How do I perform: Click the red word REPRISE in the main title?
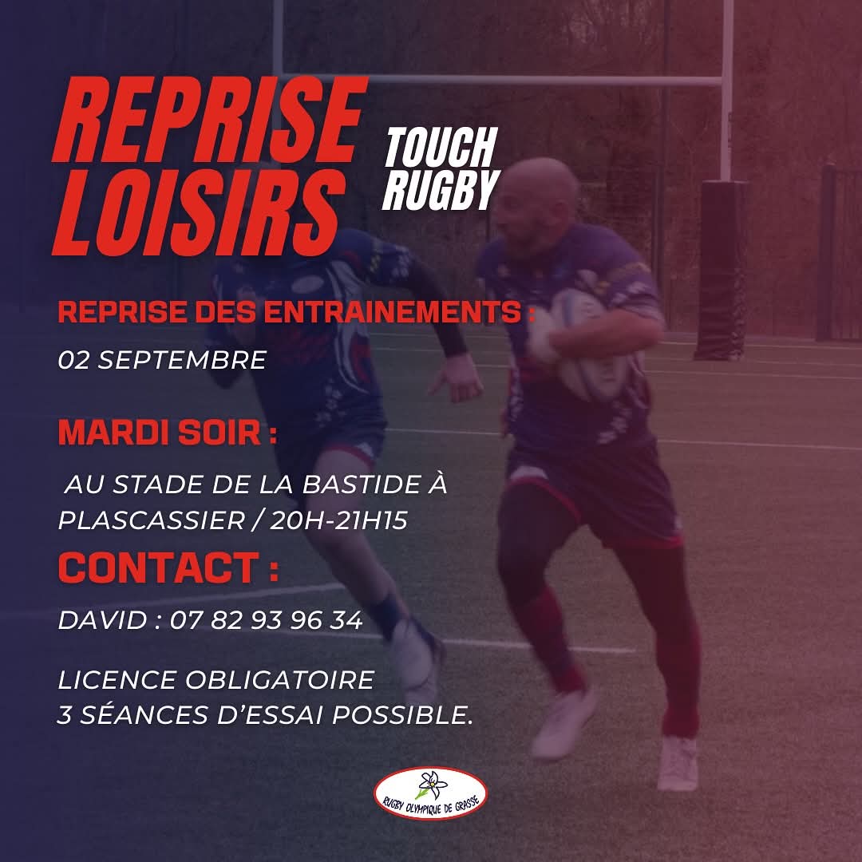coord(209,119)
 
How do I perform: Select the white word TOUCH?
coord(441,148)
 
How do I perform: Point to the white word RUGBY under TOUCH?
coord(441,190)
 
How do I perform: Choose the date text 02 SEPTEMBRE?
coord(162,360)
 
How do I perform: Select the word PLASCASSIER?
coord(151,520)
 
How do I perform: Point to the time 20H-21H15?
coord(338,520)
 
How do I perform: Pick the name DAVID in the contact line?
coord(103,620)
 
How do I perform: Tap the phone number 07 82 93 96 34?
coord(266,620)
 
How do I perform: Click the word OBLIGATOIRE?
coord(280,680)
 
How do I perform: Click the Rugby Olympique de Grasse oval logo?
coord(430,793)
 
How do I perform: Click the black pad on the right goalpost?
coord(722,270)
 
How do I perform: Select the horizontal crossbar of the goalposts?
coord(500,80)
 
